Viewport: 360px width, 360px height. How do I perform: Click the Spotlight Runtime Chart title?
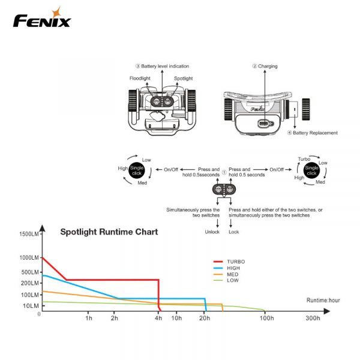[x=109, y=231]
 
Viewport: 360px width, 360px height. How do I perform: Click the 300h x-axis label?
[x=312, y=318]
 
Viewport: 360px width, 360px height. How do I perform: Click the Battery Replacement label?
[x=314, y=133]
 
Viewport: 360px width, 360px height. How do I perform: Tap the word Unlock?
[x=212, y=232]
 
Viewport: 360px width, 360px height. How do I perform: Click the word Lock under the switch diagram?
[x=234, y=232]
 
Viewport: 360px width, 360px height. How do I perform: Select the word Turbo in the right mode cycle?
[x=305, y=158]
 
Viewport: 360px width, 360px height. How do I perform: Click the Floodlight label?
[x=140, y=79]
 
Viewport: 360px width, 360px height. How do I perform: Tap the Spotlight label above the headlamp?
[x=183, y=79]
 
